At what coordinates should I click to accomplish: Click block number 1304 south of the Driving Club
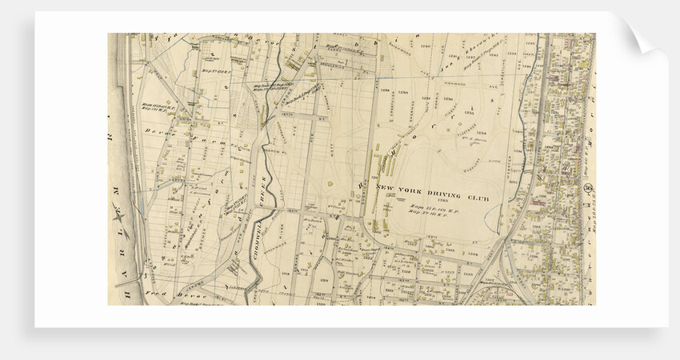pyautogui.click(x=472, y=250)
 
